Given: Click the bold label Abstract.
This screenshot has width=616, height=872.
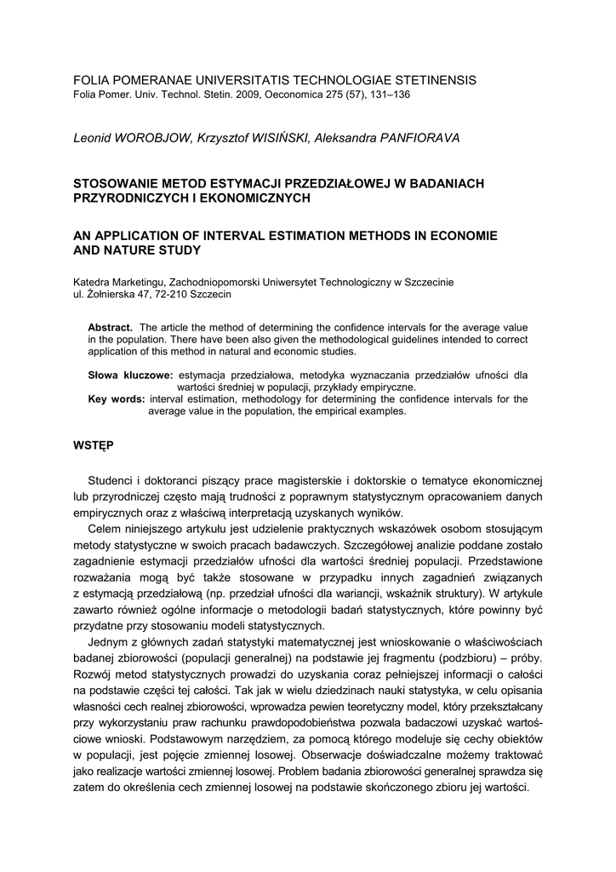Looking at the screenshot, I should [111, 328].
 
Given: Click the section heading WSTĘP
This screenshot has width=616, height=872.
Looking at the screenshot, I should [94, 445].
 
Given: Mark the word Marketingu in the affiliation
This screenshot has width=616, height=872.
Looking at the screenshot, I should [136, 282].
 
